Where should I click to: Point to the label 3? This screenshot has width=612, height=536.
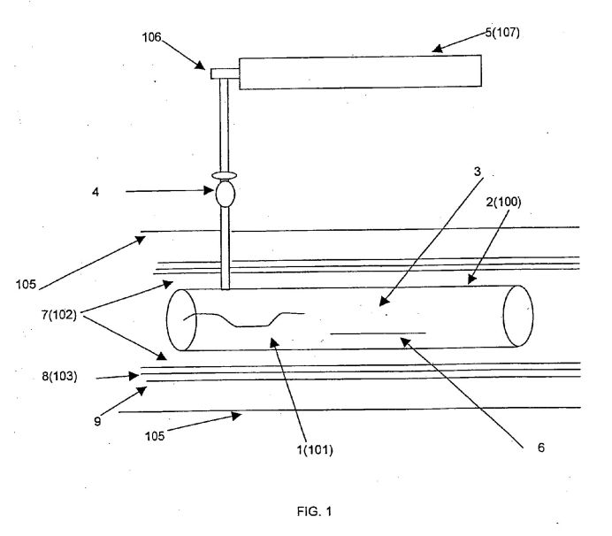coord(477,172)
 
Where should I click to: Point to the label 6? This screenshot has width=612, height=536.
coord(540,448)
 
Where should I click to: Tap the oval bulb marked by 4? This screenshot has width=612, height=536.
coord(225,192)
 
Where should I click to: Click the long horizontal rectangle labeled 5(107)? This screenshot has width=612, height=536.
coord(360,72)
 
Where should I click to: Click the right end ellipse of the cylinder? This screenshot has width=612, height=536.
coord(517,317)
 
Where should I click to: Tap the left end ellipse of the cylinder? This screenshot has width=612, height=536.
coord(182,318)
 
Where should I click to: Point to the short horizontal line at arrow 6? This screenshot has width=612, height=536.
coord(378,333)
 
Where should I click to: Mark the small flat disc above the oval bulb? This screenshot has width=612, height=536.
coord(225,175)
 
